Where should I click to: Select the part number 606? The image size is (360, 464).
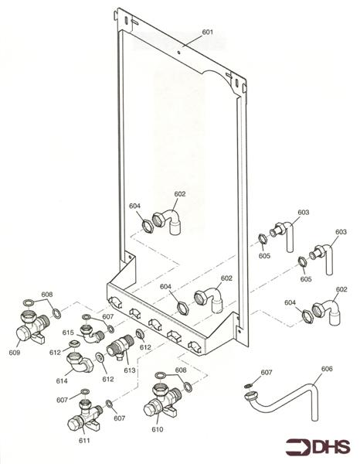(x=327, y=370)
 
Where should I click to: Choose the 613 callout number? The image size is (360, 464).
(x=130, y=370)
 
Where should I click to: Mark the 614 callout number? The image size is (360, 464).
(x=61, y=381)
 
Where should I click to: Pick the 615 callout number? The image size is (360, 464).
(x=69, y=333)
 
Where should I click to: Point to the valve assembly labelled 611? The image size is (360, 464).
(x=82, y=418)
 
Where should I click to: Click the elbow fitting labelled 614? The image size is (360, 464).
(x=77, y=362)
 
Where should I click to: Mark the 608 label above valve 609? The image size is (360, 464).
(x=47, y=295)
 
